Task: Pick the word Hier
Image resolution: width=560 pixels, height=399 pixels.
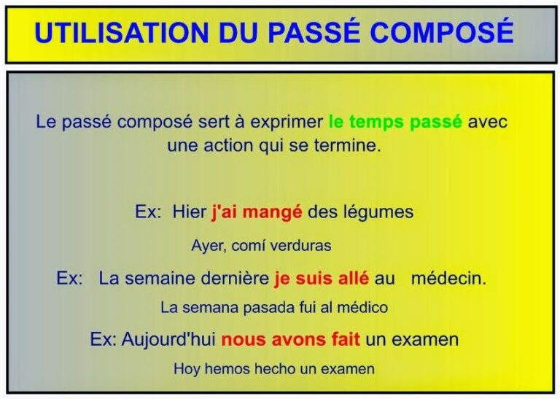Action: [190, 212]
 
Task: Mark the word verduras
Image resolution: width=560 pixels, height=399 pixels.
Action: [300, 246]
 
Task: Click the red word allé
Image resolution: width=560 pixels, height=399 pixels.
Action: [354, 279]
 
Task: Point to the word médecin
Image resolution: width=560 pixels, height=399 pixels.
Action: [448, 279]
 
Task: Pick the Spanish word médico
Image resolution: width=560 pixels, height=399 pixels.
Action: [362, 308]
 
